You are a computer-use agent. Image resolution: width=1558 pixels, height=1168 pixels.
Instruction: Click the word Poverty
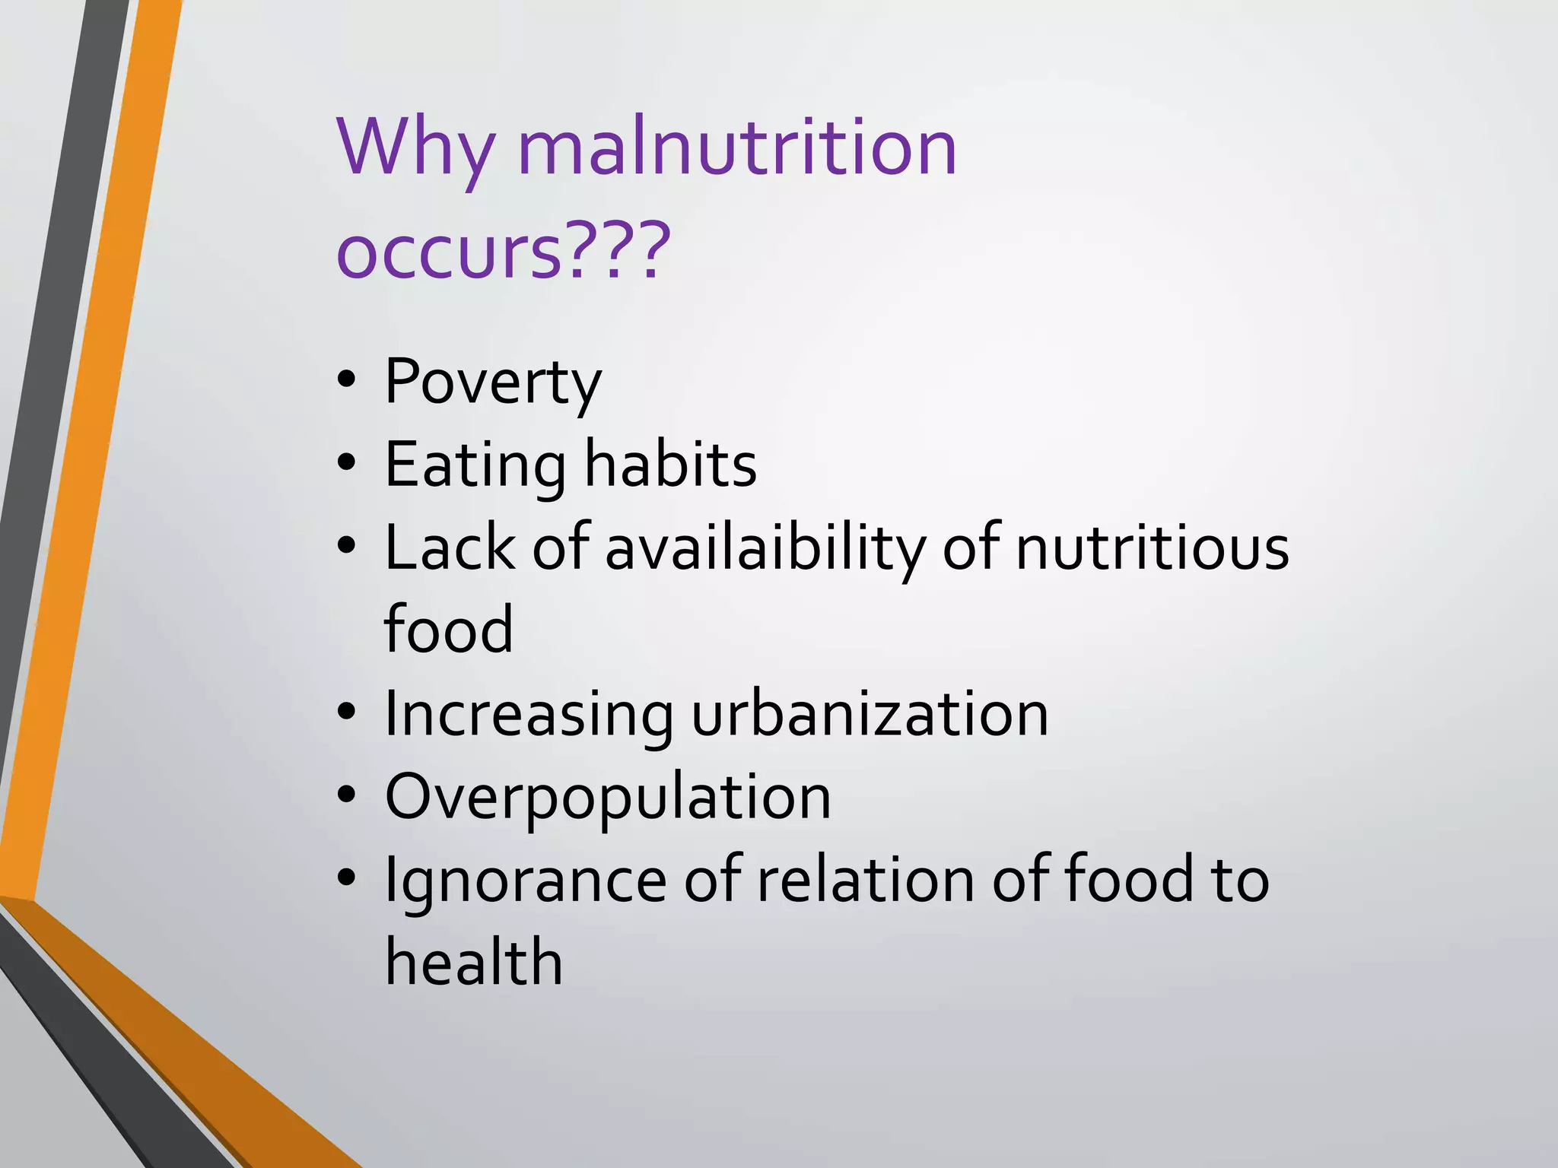[493, 382]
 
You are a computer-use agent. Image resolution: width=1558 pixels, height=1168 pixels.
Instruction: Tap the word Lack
[450, 547]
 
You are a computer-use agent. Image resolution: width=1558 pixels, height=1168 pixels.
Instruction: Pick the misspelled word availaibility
[765, 548]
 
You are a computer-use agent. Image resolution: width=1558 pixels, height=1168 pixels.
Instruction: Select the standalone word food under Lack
[449, 629]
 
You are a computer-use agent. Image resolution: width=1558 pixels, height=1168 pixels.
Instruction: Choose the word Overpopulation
[608, 798]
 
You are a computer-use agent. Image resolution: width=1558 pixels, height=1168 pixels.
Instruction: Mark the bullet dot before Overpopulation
[347, 795]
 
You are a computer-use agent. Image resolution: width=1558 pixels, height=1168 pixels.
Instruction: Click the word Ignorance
[526, 881]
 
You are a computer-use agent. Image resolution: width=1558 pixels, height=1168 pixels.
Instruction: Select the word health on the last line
[473, 962]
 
